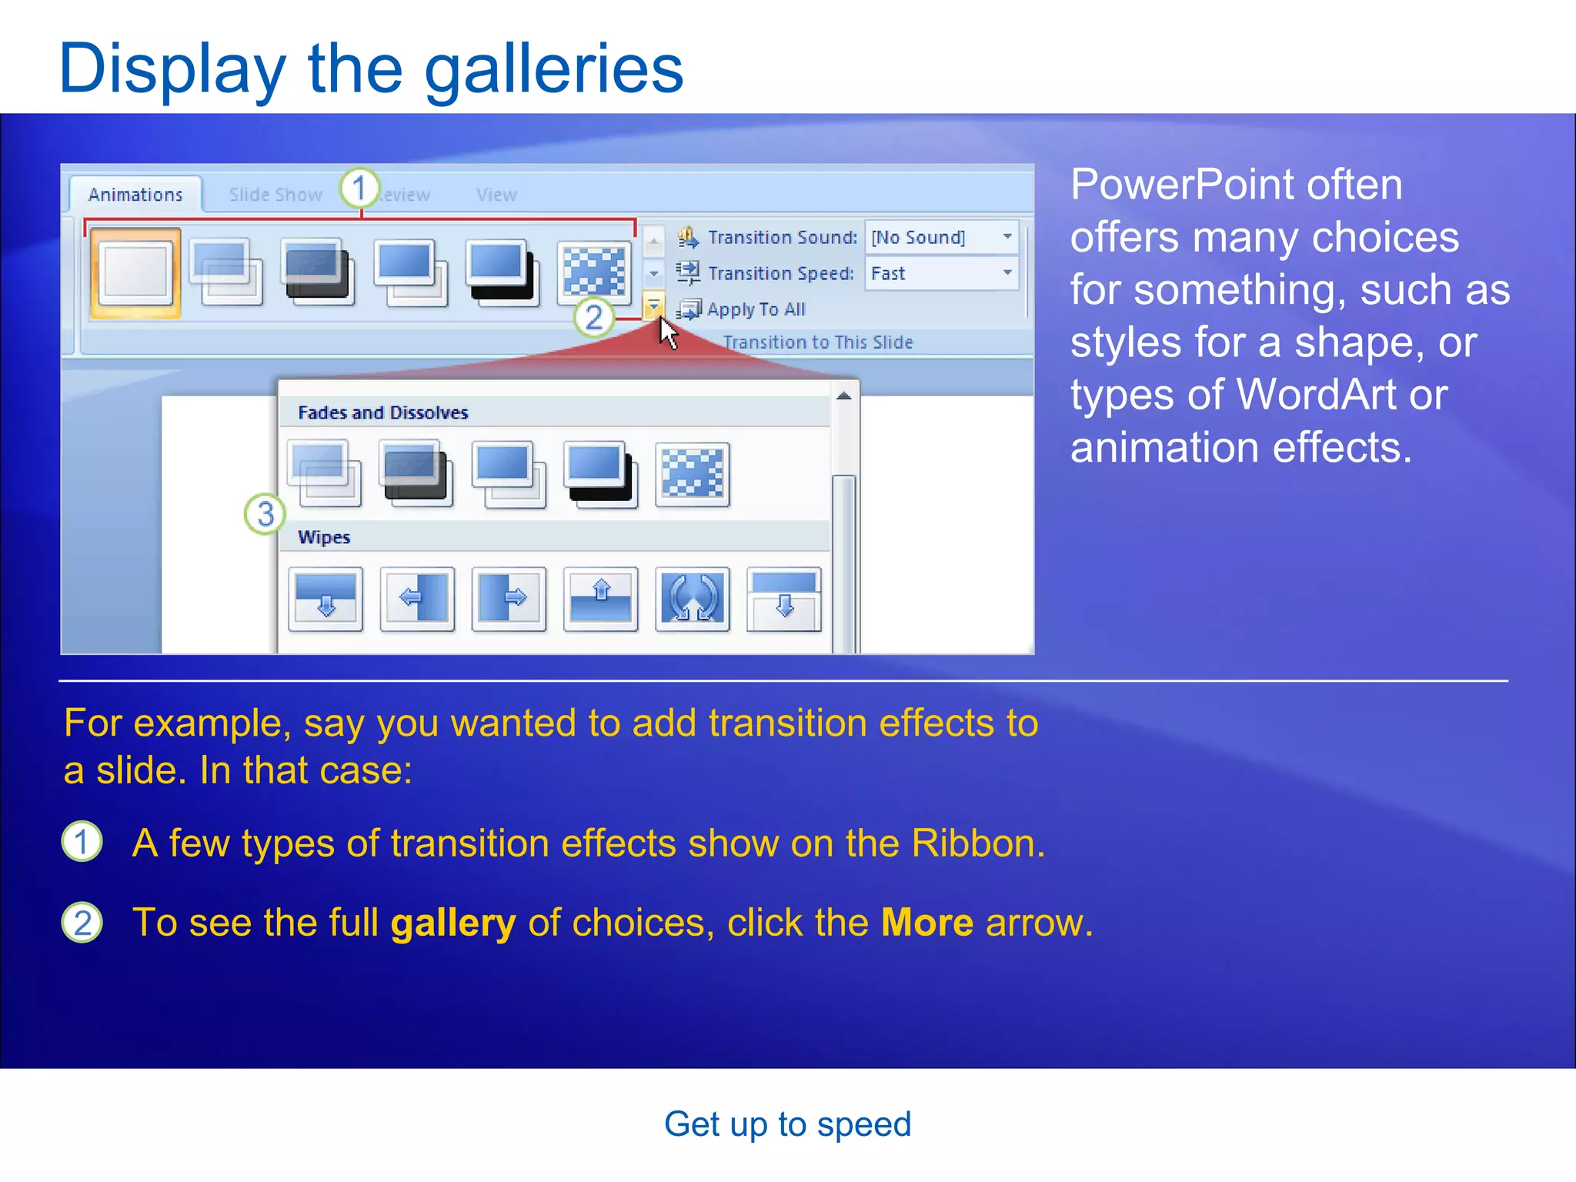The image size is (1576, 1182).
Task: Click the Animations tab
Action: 135,195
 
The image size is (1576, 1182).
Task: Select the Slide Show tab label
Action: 275,195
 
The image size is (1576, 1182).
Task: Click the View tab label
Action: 496,195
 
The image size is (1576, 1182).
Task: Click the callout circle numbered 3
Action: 265,514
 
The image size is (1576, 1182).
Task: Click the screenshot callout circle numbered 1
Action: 359,188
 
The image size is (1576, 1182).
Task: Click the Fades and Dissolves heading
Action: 382,412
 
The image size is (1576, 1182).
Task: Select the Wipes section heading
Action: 324,537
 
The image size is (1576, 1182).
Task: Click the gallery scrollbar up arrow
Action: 844,396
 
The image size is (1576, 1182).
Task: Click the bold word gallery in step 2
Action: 452,923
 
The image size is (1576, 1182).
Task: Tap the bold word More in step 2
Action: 927,923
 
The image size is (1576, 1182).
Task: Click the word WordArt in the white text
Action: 1317,395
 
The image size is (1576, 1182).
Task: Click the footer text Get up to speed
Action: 787,1124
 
